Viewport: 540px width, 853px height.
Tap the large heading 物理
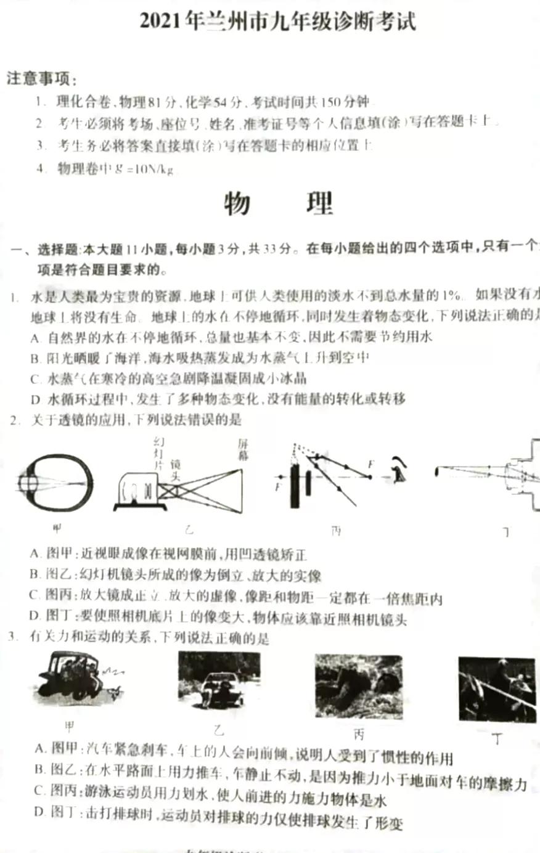278,204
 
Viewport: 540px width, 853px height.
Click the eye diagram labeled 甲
55,483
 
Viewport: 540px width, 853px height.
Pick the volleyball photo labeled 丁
497,688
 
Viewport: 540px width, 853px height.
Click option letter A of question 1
35,337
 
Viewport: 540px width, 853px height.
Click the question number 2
14,420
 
